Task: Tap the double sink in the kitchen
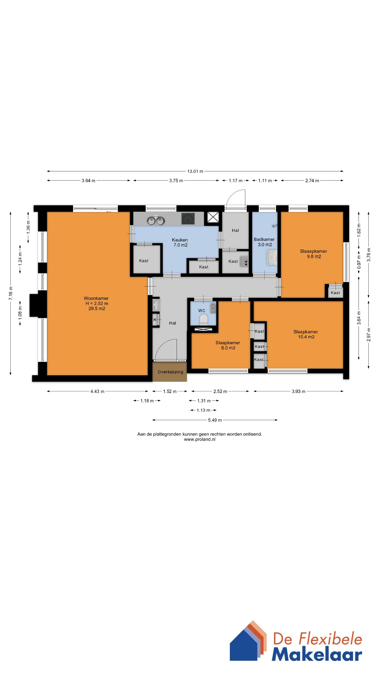coord(156,220)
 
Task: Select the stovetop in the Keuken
coord(188,219)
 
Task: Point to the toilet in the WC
coord(204,319)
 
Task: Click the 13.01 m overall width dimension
coord(195,171)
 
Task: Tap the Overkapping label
coord(170,372)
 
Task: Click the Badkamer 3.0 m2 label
coord(264,242)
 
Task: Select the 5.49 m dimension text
coord(215,420)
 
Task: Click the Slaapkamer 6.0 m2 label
coord(228,345)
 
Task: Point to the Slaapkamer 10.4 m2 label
coord(306,334)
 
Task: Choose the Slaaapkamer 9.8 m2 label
coord(314,254)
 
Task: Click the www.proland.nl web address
coord(200,439)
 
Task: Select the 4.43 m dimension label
coord(97,391)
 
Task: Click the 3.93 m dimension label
coord(298,391)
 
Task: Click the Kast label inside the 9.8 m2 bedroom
coord(335,293)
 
